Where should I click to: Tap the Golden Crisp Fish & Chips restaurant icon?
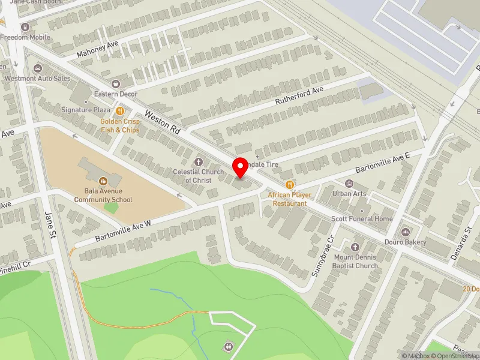120,110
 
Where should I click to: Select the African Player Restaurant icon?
290,185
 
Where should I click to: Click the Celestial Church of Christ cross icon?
199,162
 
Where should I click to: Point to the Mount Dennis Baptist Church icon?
355,247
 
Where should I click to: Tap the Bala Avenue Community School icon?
103,180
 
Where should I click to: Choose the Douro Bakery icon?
405,232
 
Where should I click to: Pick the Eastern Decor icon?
116,83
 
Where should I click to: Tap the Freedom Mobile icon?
25,27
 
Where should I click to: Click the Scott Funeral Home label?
362,219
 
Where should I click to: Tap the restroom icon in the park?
229,346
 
